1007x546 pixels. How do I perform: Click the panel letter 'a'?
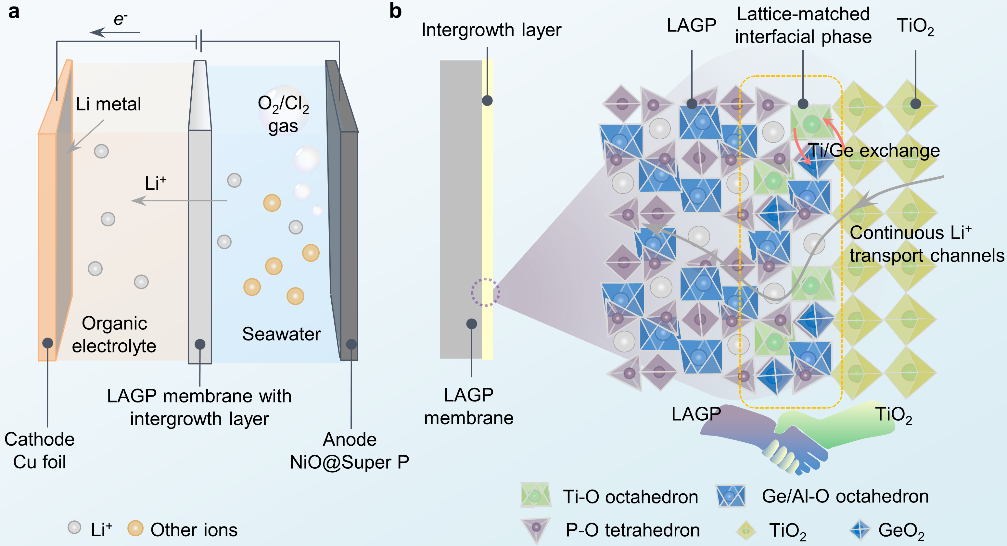[14, 12]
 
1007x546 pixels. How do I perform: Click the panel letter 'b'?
[395, 11]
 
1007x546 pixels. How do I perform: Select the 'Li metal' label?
[108, 104]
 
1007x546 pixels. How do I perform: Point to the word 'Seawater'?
[281, 334]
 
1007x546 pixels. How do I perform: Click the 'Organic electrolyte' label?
[114, 335]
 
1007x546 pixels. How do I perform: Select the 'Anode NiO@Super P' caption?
[350, 451]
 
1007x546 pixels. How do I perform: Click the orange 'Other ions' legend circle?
[135, 528]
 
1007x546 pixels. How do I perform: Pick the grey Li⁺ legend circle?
[74, 527]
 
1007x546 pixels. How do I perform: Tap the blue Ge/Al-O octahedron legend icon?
[730, 496]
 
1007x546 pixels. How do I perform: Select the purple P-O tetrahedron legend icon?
[536, 528]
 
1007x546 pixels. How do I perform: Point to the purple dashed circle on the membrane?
[485, 292]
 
